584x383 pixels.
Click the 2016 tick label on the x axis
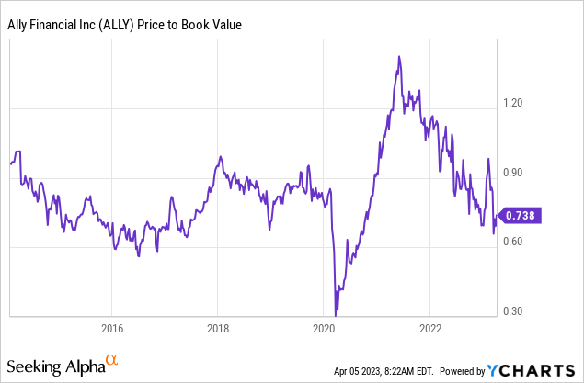click(111, 327)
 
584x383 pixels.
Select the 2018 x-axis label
click(218, 327)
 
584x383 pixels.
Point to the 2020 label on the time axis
click(324, 327)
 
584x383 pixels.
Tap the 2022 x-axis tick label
click(430, 327)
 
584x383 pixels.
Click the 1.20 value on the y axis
click(512, 103)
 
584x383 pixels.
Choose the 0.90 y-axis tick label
click(512, 172)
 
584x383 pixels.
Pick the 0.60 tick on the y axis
click(512, 242)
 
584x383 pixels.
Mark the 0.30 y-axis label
click(512, 310)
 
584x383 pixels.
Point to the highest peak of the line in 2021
click(398, 57)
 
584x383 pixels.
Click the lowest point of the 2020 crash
click(336, 314)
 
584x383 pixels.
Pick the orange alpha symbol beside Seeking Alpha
click(112, 362)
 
